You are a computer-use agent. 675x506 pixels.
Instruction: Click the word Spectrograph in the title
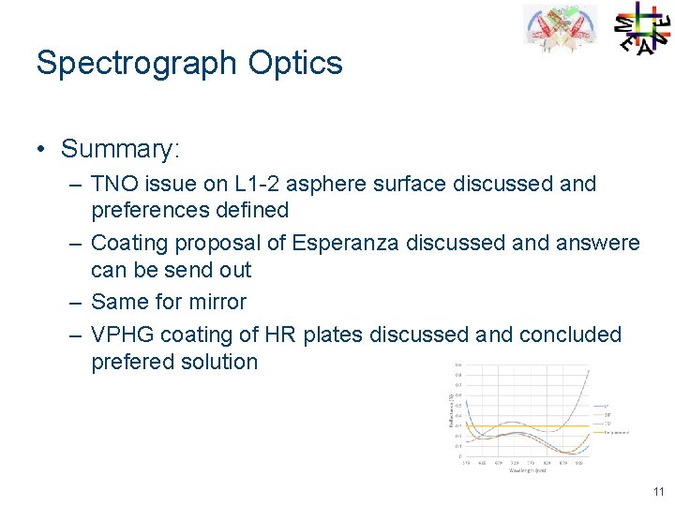click(x=136, y=64)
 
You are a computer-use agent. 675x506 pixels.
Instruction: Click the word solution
click(x=218, y=362)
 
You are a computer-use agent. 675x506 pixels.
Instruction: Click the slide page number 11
click(x=657, y=491)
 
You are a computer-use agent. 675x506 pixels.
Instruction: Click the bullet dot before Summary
click(x=43, y=149)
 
